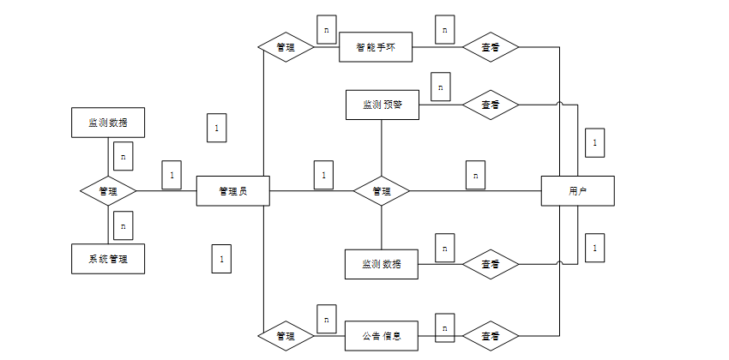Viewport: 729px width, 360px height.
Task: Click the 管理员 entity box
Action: (x=233, y=190)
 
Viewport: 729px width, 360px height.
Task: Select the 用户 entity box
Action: (x=577, y=190)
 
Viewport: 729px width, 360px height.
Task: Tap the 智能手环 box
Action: (x=376, y=48)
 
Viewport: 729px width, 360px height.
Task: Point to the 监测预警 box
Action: (x=382, y=105)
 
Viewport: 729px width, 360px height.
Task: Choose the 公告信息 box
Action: (x=382, y=336)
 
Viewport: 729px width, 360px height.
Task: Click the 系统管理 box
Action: (x=107, y=258)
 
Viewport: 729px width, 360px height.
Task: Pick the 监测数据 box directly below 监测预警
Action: (x=382, y=263)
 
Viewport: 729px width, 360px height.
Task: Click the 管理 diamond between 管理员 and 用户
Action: (x=382, y=190)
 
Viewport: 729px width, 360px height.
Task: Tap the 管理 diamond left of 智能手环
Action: (x=286, y=48)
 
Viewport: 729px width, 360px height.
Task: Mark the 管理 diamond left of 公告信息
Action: (x=286, y=336)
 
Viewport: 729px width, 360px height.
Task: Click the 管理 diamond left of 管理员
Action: (x=107, y=190)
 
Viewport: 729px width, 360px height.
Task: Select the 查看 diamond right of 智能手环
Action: (x=491, y=48)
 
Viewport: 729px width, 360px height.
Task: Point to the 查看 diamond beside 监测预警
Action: (x=491, y=105)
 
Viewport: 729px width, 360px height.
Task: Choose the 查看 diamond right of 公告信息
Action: (x=491, y=336)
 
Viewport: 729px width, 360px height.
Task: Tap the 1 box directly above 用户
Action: (x=594, y=142)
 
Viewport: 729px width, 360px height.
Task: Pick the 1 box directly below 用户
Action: (x=594, y=248)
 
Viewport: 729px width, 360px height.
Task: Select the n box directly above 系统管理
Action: (x=124, y=225)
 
